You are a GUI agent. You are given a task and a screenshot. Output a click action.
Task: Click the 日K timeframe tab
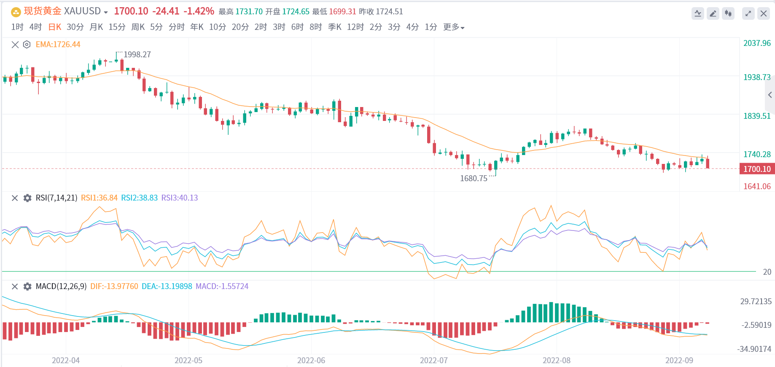(x=54, y=27)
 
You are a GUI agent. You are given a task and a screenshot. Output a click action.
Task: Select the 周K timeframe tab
(x=138, y=27)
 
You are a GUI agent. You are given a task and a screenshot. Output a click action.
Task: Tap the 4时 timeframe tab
(x=35, y=27)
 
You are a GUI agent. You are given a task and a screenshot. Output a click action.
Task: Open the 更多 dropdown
(x=453, y=27)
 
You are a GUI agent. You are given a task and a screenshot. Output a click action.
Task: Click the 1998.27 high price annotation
(x=137, y=54)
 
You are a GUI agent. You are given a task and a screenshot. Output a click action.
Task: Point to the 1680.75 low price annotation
(x=474, y=178)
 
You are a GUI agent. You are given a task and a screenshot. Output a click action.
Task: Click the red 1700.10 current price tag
(x=757, y=169)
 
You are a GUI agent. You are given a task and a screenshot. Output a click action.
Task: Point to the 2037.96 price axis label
(x=757, y=43)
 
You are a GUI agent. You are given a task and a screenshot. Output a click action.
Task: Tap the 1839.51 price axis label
(x=757, y=116)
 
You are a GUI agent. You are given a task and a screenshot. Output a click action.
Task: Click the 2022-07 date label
(x=433, y=360)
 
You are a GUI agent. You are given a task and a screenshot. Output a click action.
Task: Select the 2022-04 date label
(x=65, y=360)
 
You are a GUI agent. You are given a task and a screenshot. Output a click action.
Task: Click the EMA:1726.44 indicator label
(x=58, y=44)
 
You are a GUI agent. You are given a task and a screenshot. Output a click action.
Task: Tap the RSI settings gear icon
(x=27, y=198)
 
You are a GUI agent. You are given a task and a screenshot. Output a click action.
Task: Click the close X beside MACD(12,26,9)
(x=15, y=287)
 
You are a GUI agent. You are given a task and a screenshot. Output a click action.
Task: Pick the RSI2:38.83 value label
(x=139, y=198)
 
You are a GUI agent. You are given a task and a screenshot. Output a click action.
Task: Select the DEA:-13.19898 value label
(x=167, y=287)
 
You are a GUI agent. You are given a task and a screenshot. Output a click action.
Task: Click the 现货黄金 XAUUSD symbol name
(x=62, y=11)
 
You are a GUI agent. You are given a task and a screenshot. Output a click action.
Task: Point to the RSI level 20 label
(x=767, y=272)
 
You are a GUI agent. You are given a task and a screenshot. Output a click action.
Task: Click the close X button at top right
(x=763, y=13)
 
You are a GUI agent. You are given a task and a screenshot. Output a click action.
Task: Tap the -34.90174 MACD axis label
(x=754, y=349)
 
